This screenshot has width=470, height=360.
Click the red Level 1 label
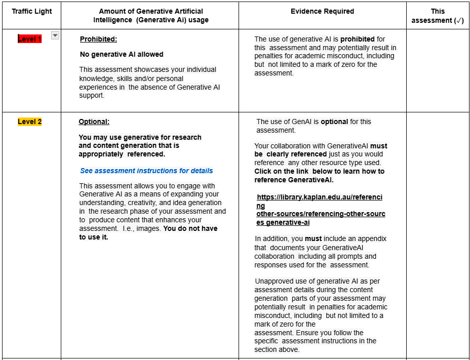tap(29, 39)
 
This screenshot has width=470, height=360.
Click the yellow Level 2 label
tap(29, 122)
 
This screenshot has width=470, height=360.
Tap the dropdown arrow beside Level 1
tap(55, 35)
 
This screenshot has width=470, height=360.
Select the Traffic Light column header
tap(32, 11)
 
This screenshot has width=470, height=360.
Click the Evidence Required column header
tap(322, 11)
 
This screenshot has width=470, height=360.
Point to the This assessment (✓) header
tap(438, 16)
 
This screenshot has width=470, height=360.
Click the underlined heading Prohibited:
tap(98, 39)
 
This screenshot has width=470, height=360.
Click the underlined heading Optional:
tap(94, 122)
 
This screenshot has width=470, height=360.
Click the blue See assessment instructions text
tap(146, 171)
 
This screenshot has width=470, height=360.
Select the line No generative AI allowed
tap(122, 54)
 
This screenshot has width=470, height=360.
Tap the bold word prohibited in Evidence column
tap(358, 39)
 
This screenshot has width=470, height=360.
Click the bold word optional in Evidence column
tap(334, 122)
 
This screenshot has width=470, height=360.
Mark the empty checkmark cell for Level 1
tap(438, 71)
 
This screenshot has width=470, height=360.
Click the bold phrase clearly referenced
tap(296, 154)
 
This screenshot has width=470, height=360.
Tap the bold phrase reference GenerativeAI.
tap(294, 180)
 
